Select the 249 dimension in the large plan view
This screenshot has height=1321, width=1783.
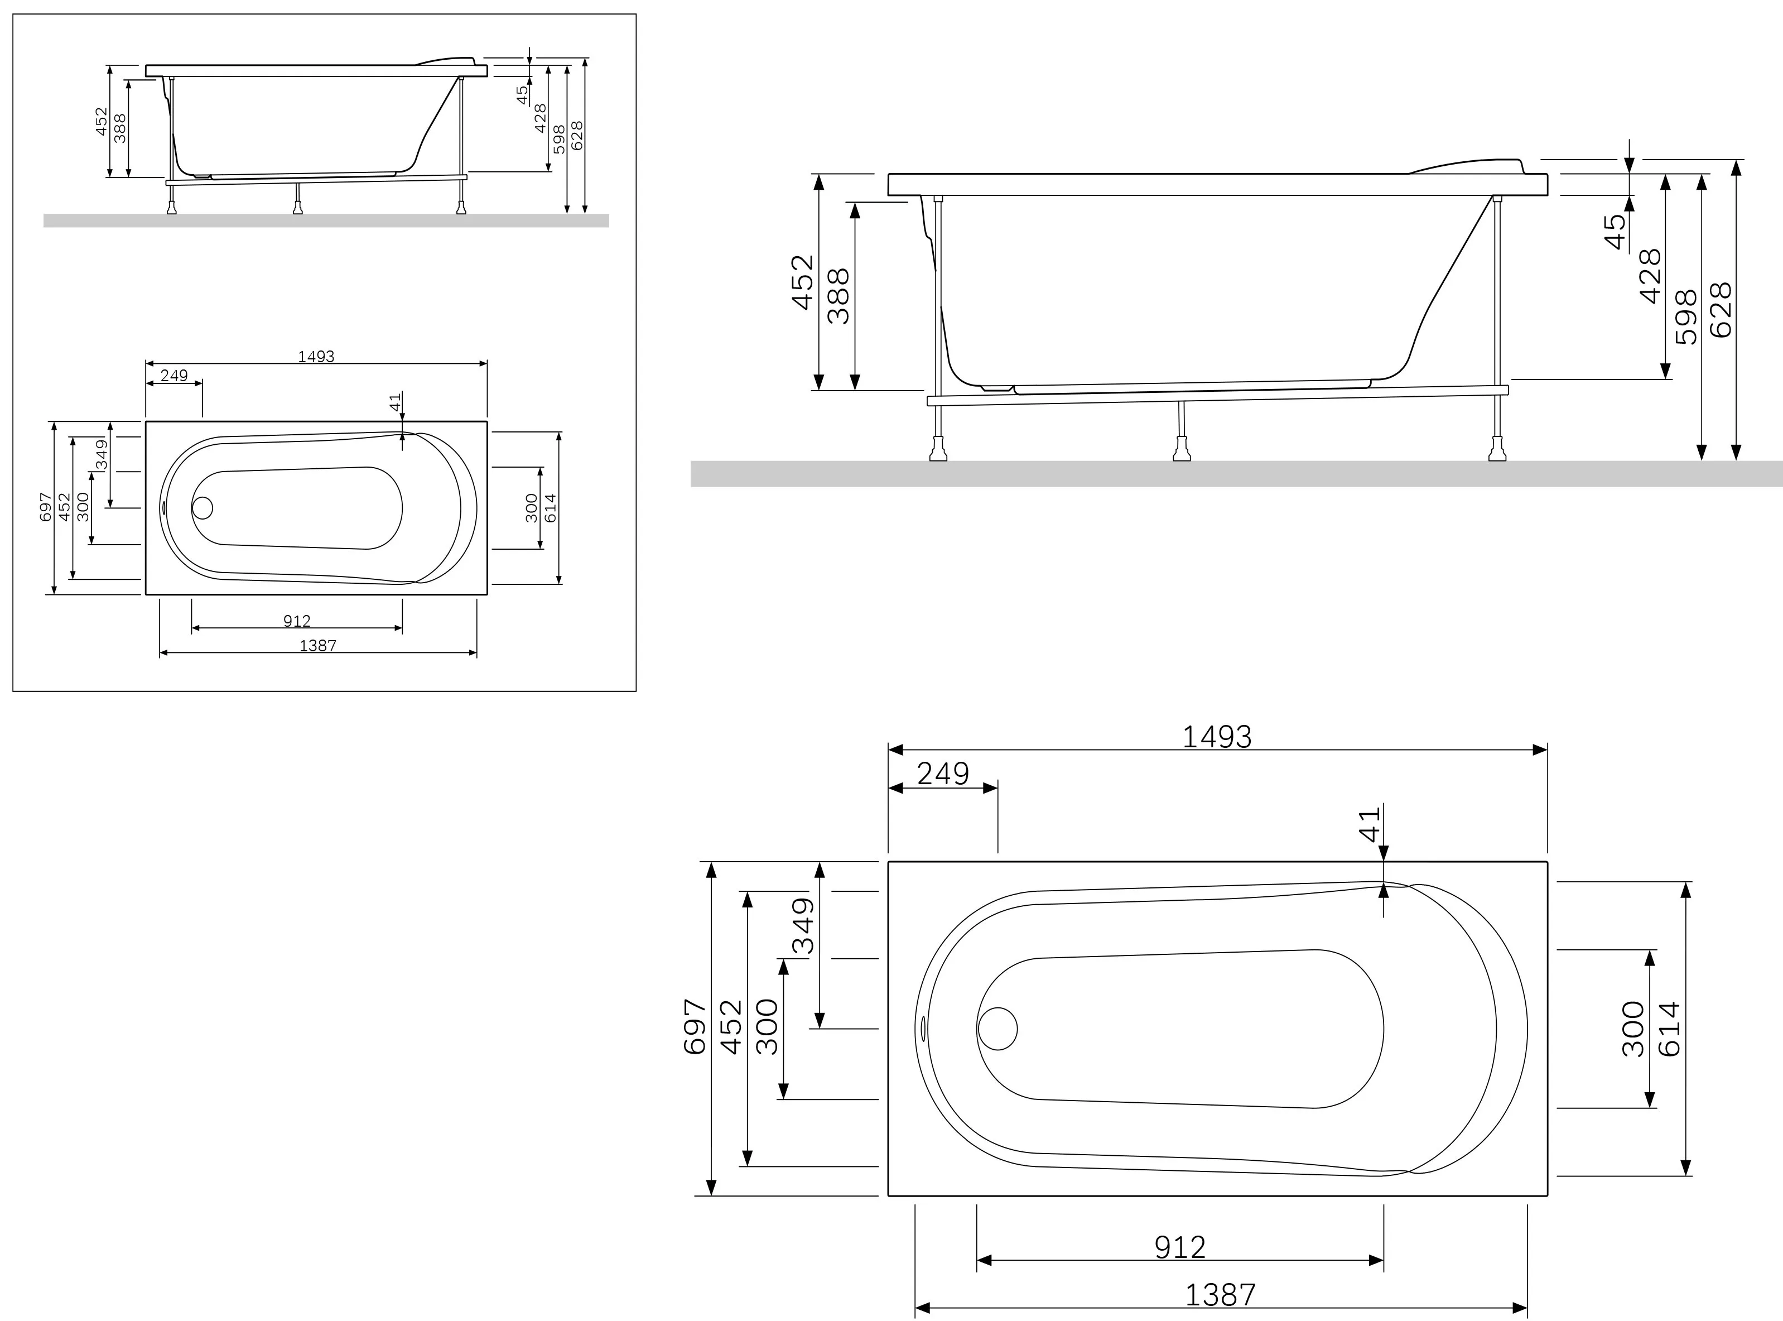point(942,774)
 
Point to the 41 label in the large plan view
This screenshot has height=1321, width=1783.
point(1370,824)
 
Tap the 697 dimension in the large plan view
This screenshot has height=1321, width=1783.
point(695,1027)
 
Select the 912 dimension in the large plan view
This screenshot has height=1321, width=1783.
point(1179,1247)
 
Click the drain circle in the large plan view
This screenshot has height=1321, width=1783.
point(997,1029)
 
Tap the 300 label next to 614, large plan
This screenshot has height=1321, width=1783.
point(1633,1029)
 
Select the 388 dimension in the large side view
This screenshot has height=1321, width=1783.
point(839,296)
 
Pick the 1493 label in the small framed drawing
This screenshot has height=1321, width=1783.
point(316,357)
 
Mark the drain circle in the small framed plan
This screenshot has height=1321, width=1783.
point(203,508)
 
